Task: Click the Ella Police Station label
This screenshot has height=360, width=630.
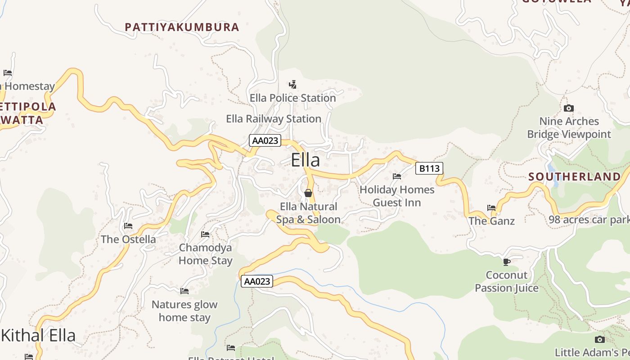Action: (292, 98)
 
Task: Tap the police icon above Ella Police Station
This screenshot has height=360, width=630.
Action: (293, 84)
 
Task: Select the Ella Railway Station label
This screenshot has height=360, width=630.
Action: (274, 119)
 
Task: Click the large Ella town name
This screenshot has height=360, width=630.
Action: (306, 160)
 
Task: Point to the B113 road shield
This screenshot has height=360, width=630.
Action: (429, 168)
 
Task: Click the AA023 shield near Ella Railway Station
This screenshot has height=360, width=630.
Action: (265, 140)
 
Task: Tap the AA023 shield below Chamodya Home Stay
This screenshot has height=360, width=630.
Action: (257, 281)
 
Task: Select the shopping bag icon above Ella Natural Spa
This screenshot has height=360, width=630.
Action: (308, 193)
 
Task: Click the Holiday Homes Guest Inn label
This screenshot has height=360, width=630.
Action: (397, 196)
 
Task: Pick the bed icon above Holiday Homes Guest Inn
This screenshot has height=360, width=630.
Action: (397, 176)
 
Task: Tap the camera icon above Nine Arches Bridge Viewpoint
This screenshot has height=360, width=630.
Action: (569, 108)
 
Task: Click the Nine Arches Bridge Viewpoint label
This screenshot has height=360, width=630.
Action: (569, 128)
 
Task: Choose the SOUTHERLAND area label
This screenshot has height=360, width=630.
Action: (574, 176)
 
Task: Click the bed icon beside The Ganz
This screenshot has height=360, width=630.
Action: (491, 208)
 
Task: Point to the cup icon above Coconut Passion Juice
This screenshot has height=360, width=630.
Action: (507, 262)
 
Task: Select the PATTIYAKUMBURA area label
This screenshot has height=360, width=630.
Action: (182, 27)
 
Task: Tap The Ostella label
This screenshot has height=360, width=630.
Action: (128, 239)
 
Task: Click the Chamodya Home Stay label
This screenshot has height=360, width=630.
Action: (206, 254)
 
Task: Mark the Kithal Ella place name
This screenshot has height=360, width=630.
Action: (38, 336)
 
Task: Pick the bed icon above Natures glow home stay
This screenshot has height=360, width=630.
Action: (184, 291)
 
